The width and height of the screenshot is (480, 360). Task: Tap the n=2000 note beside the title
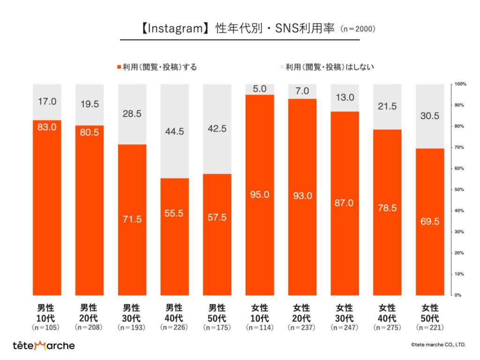point(357,29)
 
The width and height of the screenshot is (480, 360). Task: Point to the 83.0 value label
point(47,127)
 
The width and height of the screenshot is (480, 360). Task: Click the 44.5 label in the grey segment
point(174,131)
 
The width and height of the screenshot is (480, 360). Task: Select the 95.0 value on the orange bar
point(260,195)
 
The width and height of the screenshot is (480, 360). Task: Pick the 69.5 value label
point(429,221)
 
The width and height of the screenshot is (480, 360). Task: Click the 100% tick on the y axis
point(459,84)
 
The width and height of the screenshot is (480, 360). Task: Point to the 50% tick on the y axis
point(459,190)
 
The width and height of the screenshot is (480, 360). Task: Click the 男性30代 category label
point(132,312)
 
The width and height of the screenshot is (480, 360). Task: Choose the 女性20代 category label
point(302,312)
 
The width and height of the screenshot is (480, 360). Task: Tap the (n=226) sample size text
point(174,328)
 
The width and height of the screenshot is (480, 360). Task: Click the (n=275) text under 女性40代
point(387,328)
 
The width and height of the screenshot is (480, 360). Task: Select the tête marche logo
point(43,345)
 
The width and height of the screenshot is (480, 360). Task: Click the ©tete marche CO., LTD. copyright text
point(438,345)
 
